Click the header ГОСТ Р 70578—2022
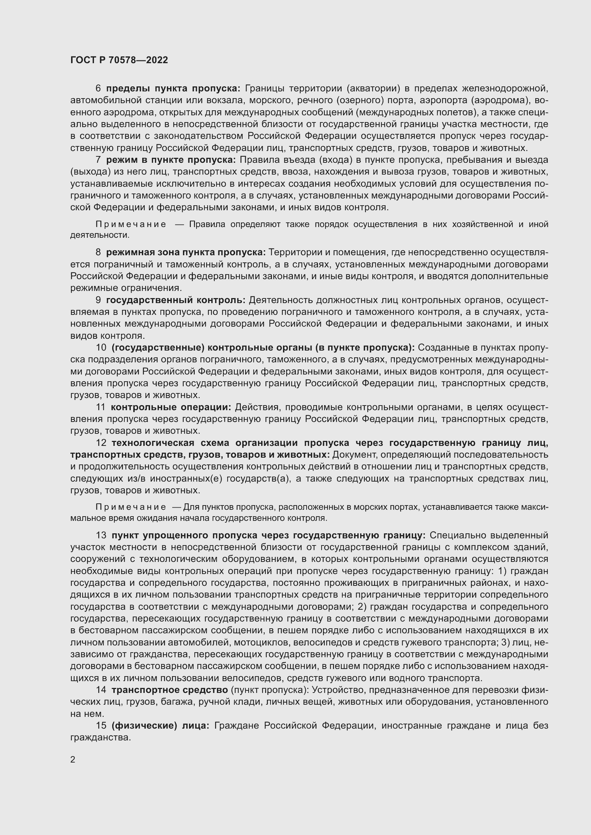(119, 60)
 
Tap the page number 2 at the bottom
(73, 759)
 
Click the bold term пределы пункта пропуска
(173, 89)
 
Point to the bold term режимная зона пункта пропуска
(186, 252)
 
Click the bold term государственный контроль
(176, 300)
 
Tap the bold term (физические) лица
(160, 725)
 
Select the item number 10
(101, 347)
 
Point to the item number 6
(98, 89)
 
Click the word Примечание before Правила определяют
(131, 225)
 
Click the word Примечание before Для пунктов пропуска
(131, 507)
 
